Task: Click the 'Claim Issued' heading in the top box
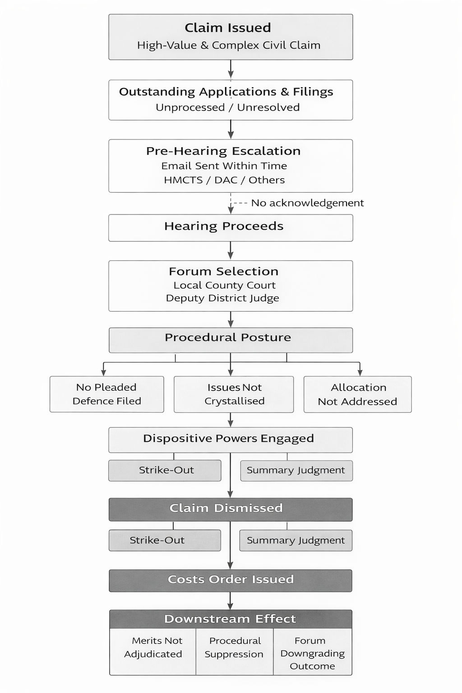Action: [228, 28]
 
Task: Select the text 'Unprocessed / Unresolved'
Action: [227, 107]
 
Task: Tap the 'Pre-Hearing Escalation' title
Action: [223, 151]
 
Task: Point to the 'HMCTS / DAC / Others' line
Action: [224, 180]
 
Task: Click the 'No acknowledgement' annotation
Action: [307, 203]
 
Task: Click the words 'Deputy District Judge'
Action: [222, 298]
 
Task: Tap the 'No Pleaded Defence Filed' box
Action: [106, 394]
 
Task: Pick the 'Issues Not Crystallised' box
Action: [234, 394]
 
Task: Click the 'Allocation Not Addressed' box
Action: [357, 394]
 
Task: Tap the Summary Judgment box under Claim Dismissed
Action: [296, 541]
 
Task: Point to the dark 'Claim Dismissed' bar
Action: [231, 509]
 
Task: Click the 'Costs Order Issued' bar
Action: [231, 580]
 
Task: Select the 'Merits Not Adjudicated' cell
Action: [153, 647]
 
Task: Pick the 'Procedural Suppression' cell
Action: [234, 647]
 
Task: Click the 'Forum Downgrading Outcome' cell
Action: [312, 653]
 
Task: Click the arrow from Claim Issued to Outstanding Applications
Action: [231, 69]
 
